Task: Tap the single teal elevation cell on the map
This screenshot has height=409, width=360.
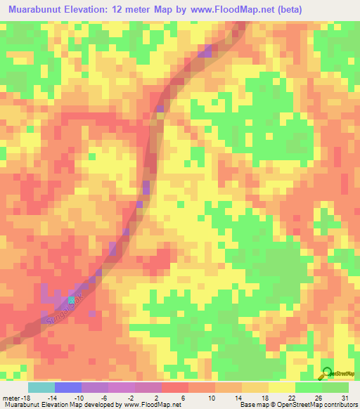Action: click(71, 300)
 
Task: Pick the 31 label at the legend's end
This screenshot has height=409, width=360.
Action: click(345, 397)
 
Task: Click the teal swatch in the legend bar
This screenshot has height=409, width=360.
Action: click(41, 387)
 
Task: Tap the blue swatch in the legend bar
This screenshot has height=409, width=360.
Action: click(68, 387)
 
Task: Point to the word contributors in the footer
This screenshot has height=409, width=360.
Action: click(338, 405)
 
